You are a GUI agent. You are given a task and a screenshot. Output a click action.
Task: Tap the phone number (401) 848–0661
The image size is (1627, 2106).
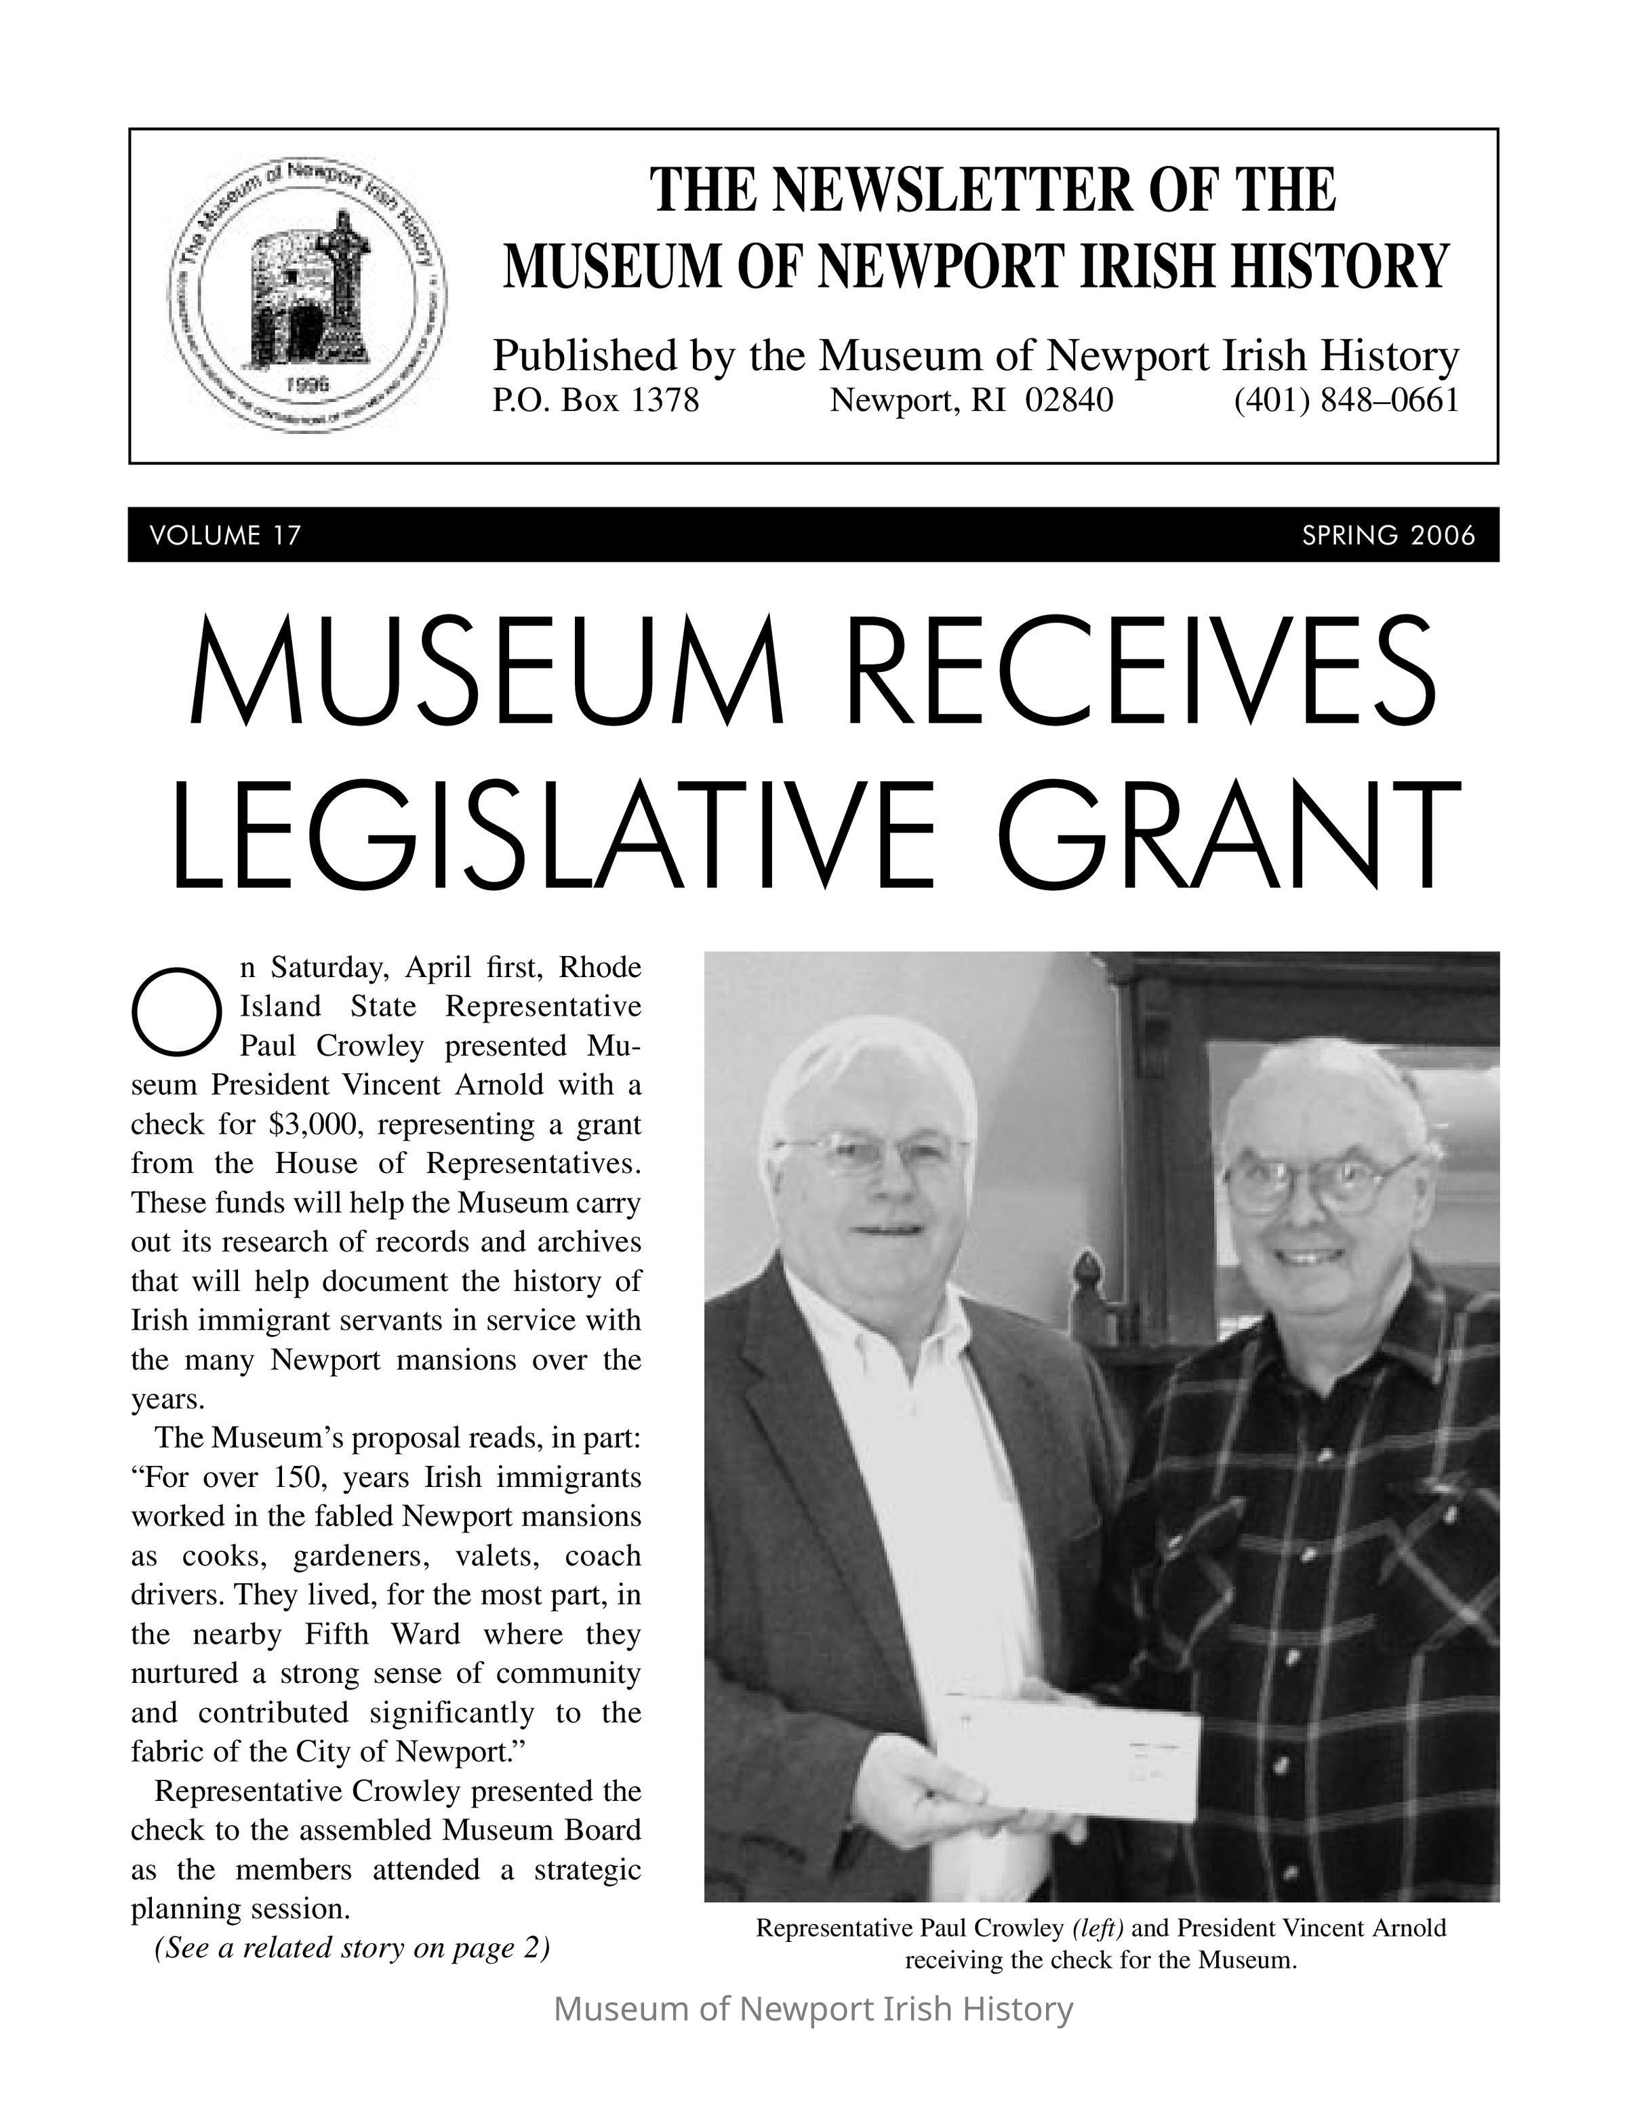tap(1346, 399)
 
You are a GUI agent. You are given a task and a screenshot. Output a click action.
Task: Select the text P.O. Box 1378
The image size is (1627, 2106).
tap(596, 399)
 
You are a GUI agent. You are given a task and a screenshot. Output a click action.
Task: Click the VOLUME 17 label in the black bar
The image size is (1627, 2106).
tap(226, 535)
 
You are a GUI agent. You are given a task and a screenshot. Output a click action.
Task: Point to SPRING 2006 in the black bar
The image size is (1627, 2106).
tap(1388, 535)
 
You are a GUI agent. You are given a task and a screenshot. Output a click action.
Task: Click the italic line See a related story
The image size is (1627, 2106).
tap(352, 1948)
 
